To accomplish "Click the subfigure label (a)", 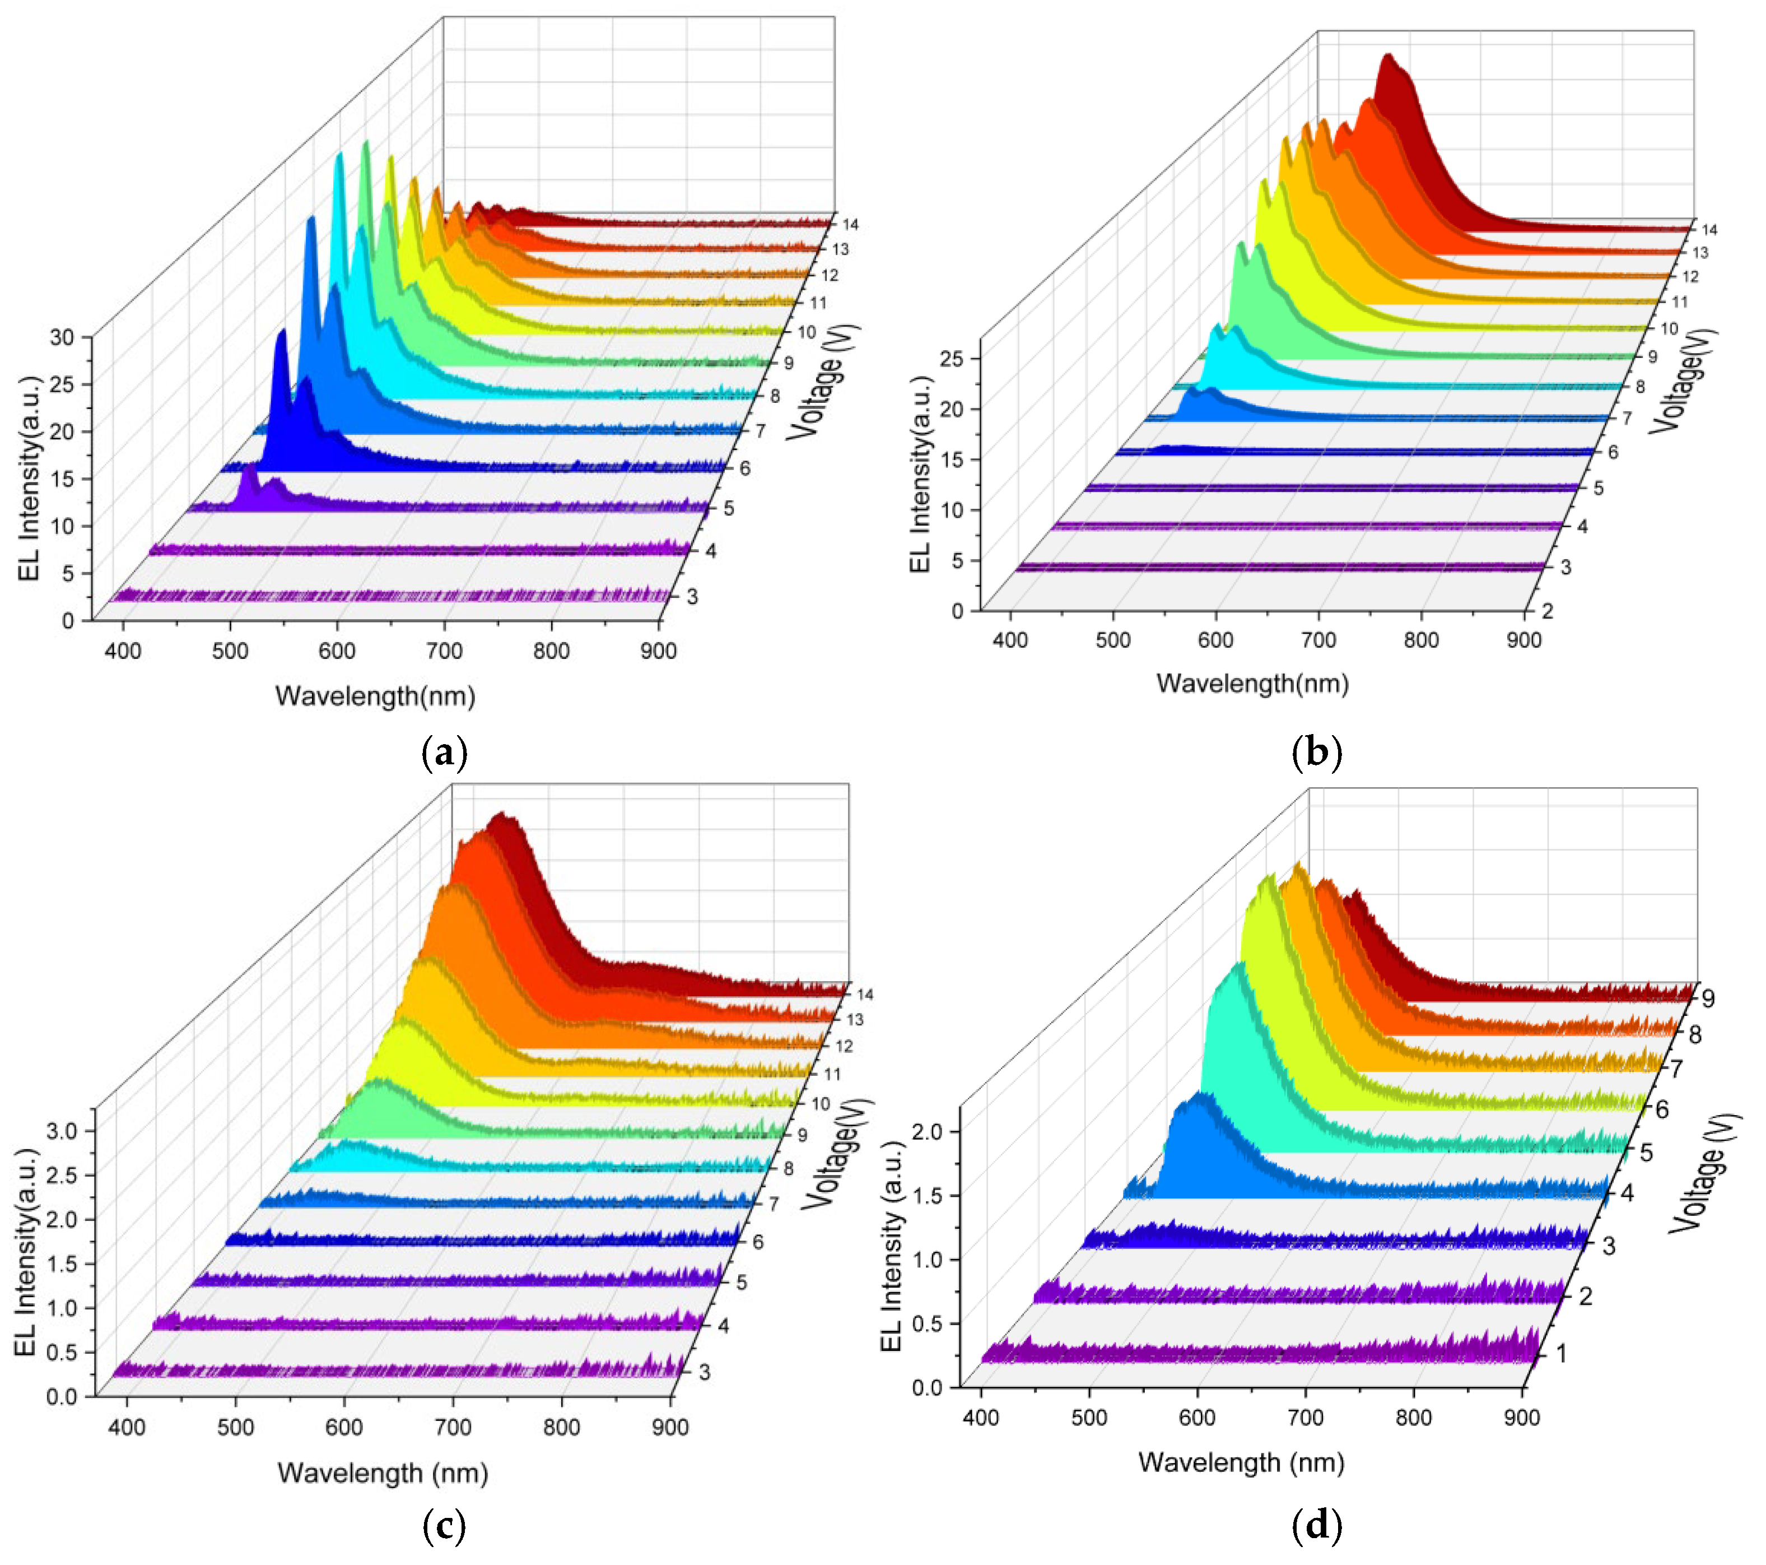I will (x=445, y=754).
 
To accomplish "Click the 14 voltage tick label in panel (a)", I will (x=850, y=225).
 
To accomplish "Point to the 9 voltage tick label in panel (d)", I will (x=1707, y=999).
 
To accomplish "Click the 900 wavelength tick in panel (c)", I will (x=670, y=1427).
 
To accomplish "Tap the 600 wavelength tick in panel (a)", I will (x=337, y=651).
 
